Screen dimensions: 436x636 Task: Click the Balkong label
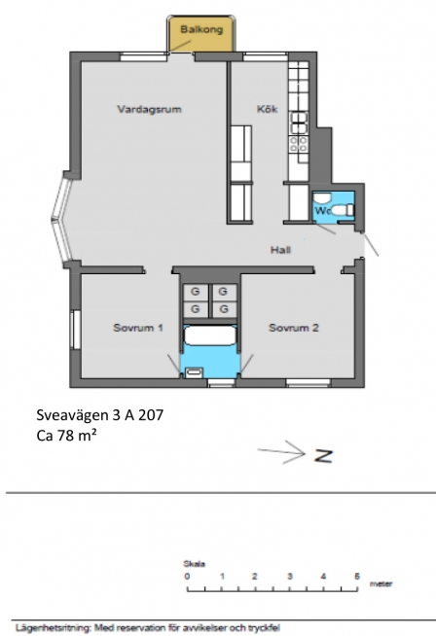201,29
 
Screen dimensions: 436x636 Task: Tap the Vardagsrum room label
149,109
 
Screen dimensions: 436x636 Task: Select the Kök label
267,109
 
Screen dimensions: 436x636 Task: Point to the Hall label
280,250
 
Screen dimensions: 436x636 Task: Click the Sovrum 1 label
138,328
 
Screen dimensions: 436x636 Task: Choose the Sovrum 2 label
294,328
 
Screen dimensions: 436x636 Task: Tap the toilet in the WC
344,210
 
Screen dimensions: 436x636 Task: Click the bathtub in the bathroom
210,336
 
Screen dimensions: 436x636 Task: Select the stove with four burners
299,144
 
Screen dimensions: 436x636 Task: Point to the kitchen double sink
299,123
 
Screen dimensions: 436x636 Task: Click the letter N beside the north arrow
323,456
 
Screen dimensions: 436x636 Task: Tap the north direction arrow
281,452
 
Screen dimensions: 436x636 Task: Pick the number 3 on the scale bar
290,576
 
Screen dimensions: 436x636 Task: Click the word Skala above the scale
194,564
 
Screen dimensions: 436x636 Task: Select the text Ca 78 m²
66,436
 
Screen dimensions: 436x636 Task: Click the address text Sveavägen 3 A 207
100,415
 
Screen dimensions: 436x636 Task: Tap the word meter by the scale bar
381,583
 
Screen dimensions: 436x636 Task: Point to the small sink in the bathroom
194,371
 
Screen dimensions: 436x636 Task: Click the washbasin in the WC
323,198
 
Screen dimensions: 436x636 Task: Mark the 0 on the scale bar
187,576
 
